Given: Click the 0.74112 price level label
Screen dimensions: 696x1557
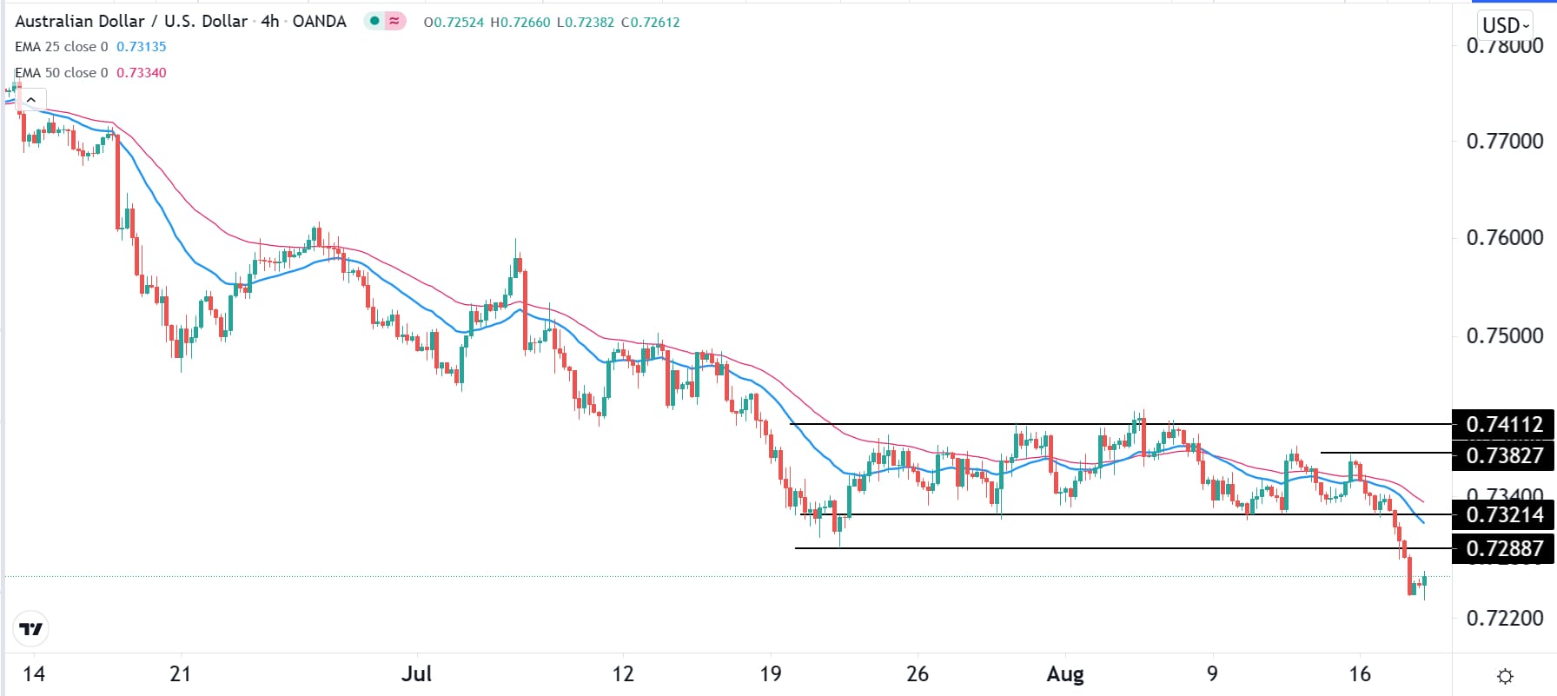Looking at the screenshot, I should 1503,425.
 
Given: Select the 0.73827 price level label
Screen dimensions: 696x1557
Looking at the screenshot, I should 1503,455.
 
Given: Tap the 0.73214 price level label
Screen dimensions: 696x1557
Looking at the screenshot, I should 1503,514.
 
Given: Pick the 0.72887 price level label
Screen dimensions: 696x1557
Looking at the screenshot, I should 1503,548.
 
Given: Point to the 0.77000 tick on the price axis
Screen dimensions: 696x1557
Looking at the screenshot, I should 1504,141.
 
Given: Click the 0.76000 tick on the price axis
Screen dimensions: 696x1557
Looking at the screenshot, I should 1504,238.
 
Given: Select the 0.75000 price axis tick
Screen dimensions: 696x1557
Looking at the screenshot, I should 1504,335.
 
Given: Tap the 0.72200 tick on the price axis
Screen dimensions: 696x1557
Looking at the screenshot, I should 1504,618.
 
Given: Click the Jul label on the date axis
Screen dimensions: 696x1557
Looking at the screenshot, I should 417,674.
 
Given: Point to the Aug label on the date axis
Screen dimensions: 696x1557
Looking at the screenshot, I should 1065,674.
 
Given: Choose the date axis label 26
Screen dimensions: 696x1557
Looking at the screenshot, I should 918,674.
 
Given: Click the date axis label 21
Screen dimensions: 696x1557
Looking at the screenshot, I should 180,674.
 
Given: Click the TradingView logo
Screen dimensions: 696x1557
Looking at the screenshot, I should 31,629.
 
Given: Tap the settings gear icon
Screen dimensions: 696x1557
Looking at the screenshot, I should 1506,676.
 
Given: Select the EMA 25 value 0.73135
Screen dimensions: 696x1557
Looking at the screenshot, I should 141,47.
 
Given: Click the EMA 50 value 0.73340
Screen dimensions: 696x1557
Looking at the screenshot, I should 141,73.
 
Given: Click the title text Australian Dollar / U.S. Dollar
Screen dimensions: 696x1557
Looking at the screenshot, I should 131,21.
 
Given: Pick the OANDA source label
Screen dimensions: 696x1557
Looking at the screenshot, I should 319,21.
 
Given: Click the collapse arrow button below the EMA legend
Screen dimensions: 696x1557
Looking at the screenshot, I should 31,100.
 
